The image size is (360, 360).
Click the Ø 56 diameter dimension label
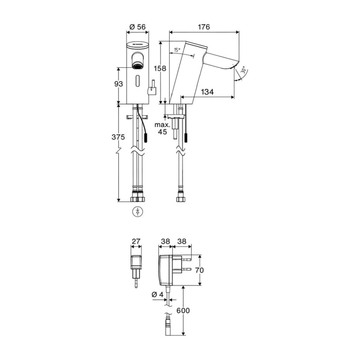click(137, 27)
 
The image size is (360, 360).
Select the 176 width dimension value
click(204, 27)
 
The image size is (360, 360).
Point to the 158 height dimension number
click(160, 68)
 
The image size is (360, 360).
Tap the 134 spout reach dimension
click(207, 92)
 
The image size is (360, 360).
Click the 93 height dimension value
click(118, 84)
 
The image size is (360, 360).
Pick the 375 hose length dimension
click(118, 137)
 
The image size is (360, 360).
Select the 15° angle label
click(177, 49)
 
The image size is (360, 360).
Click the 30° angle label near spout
click(243, 70)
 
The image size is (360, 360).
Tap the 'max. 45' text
click(163, 129)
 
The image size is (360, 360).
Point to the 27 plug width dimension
click(136, 241)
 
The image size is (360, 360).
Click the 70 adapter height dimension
click(200, 270)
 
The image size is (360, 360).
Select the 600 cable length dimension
click(183, 311)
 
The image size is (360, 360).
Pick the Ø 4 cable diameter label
click(157, 294)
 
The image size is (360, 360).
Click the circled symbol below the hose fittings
click(137, 211)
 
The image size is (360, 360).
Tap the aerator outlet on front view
click(137, 66)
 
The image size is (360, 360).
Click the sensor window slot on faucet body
click(137, 81)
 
